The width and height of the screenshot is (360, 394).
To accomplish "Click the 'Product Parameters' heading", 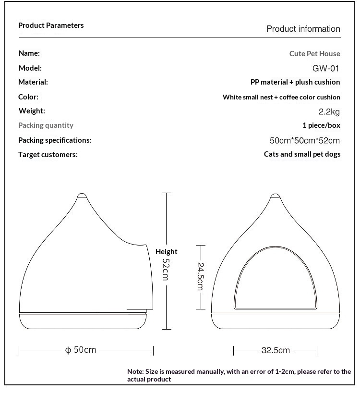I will click(51, 25).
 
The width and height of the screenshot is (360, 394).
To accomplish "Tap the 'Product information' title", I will click(303, 29).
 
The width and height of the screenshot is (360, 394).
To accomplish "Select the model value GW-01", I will click(326, 68).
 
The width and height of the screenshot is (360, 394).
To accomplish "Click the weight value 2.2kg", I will click(329, 112).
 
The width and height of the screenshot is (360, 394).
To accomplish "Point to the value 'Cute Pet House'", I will click(314, 54).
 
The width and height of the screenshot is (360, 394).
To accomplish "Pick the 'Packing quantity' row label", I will click(46, 125).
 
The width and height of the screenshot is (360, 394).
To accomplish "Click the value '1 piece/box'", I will click(321, 125).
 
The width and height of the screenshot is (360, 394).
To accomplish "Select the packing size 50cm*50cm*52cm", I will click(305, 141).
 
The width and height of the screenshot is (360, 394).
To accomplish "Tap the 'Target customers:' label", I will click(48, 155).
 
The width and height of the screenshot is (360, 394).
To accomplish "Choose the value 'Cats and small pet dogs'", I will click(302, 154).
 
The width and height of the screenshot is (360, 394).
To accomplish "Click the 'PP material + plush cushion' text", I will click(295, 82).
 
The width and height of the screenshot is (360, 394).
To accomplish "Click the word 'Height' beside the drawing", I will click(166, 251).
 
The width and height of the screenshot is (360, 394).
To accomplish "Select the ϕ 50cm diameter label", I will click(81, 350).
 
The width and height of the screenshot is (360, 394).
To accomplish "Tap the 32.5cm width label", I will click(276, 350).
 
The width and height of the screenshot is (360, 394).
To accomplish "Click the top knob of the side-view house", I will click(83, 196).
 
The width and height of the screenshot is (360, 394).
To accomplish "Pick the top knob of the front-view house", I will click(276, 196).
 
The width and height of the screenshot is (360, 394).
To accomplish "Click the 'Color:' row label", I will click(28, 97).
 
